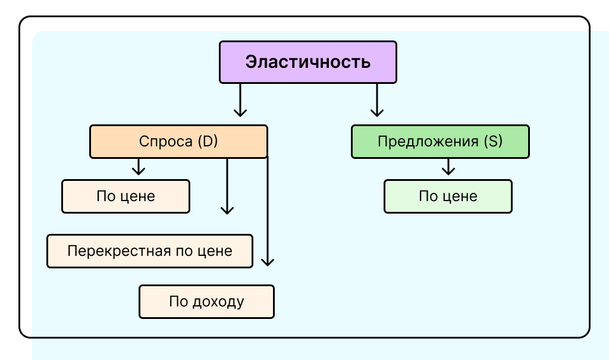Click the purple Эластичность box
[308, 62]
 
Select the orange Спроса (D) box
[178, 142]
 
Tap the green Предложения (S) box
[440, 142]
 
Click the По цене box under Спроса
[125, 196]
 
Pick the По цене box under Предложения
[448, 196]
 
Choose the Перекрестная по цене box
[150, 251]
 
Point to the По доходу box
[206, 302]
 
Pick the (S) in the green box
[493, 142]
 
